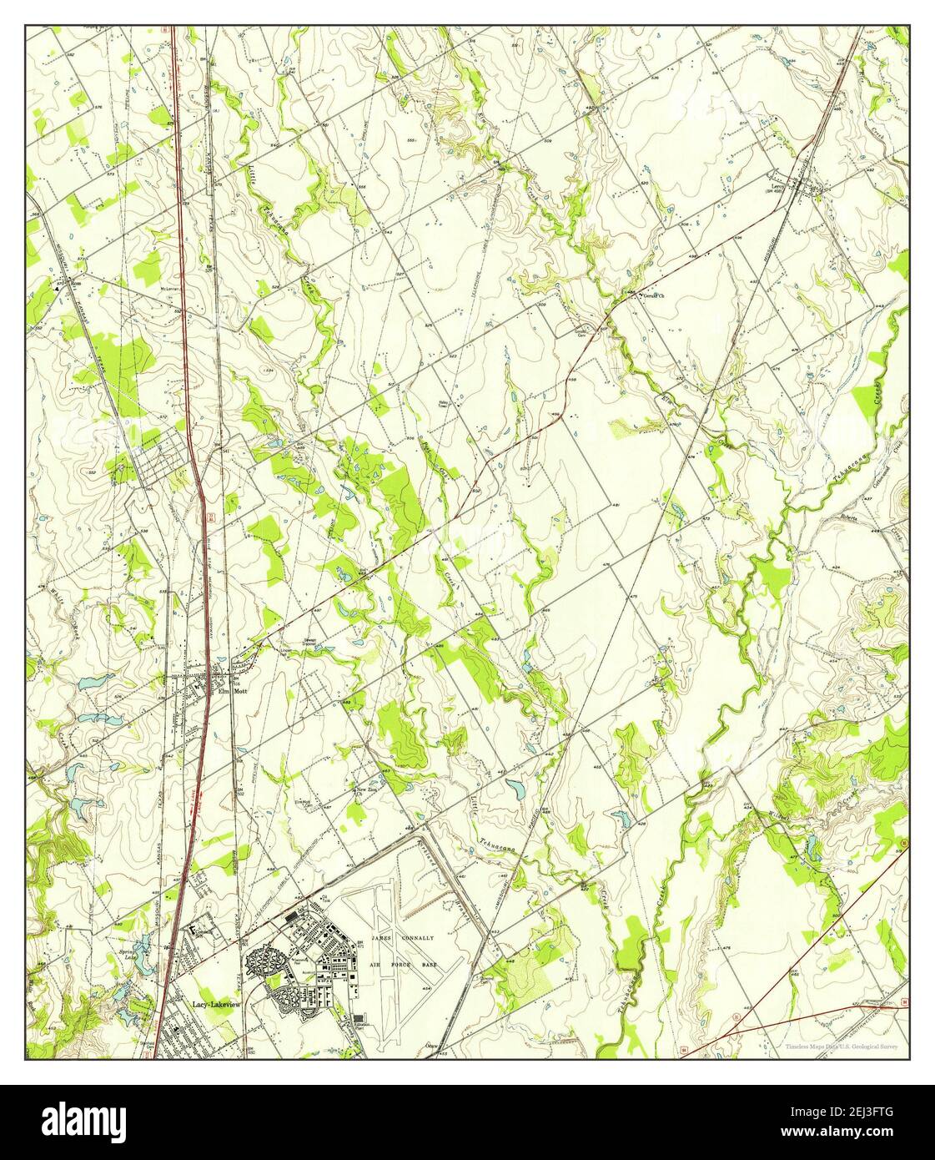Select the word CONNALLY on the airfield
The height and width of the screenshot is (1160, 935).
click(418, 938)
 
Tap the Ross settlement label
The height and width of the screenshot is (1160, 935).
click(75, 284)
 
